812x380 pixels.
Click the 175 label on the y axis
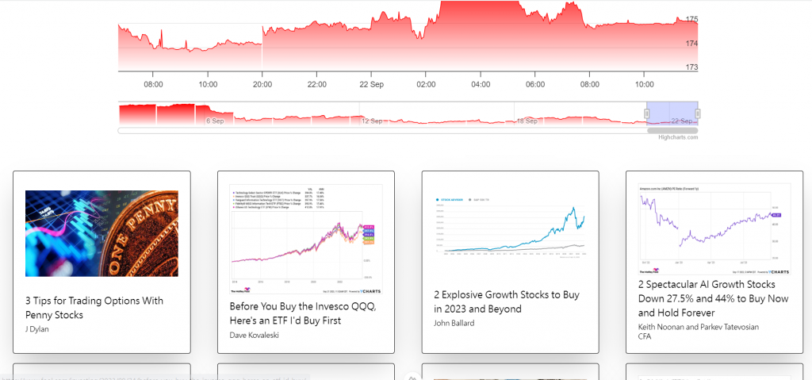click(691, 19)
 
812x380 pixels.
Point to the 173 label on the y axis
click(691, 67)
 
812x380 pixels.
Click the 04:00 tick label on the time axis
click(481, 84)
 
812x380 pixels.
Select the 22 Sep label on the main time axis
click(371, 84)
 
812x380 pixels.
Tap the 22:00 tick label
click(316, 84)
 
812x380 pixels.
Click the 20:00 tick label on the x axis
click(262, 84)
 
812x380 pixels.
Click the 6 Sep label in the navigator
click(215, 121)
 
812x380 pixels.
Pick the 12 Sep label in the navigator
click(372, 121)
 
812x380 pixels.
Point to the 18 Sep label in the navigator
click(527, 121)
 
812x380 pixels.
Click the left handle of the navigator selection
click(646, 114)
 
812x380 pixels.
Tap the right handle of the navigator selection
click(698, 114)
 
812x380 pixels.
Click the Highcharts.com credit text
click(678, 137)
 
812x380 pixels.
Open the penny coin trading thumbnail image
click(101, 233)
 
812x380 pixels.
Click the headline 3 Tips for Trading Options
click(94, 308)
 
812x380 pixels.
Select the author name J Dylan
click(37, 329)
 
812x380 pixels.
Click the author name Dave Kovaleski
click(255, 335)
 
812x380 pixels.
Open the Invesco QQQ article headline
click(302, 313)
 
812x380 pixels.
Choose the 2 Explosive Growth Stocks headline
click(506, 301)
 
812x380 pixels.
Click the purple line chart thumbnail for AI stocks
click(714, 228)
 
